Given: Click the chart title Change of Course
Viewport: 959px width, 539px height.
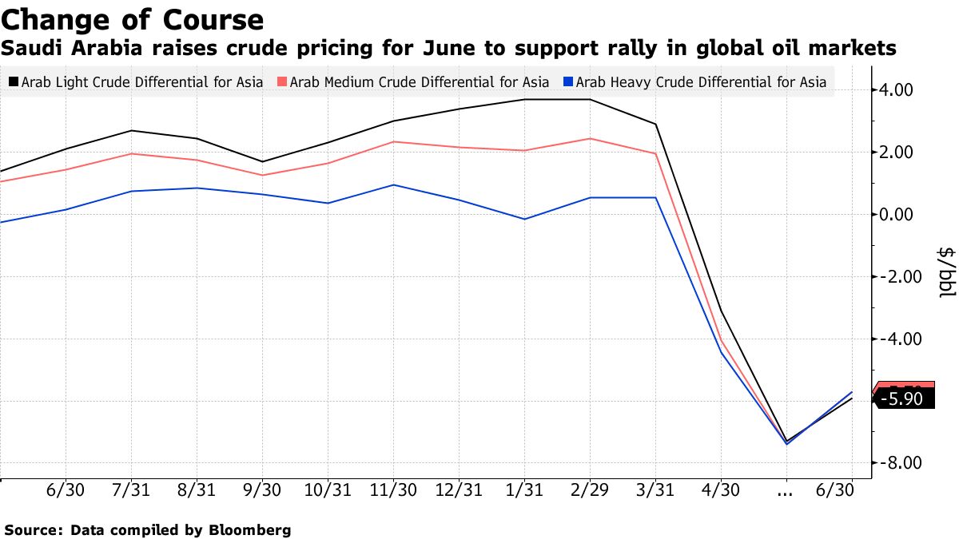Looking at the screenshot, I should pyautogui.click(x=133, y=19).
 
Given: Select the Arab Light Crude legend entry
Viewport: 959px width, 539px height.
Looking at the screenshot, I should pyautogui.click(x=135, y=81).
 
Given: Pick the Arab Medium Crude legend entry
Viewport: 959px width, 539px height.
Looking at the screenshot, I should pyautogui.click(x=412, y=81).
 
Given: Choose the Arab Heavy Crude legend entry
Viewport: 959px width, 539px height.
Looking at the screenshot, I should pyautogui.click(x=694, y=81).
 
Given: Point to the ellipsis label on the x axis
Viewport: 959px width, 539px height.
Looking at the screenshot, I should pyautogui.click(x=786, y=491).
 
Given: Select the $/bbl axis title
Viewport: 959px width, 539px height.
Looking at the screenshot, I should pyautogui.click(x=945, y=271).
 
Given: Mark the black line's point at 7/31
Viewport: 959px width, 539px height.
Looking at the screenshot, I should pyautogui.click(x=130, y=131).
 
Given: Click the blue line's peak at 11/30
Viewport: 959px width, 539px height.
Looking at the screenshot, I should pyautogui.click(x=393, y=184).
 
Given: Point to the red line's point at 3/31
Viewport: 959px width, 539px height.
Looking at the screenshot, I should pyautogui.click(x=655, y=153).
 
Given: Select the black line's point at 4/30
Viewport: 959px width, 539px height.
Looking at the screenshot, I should pyautogui.click(x=722, y=311).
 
